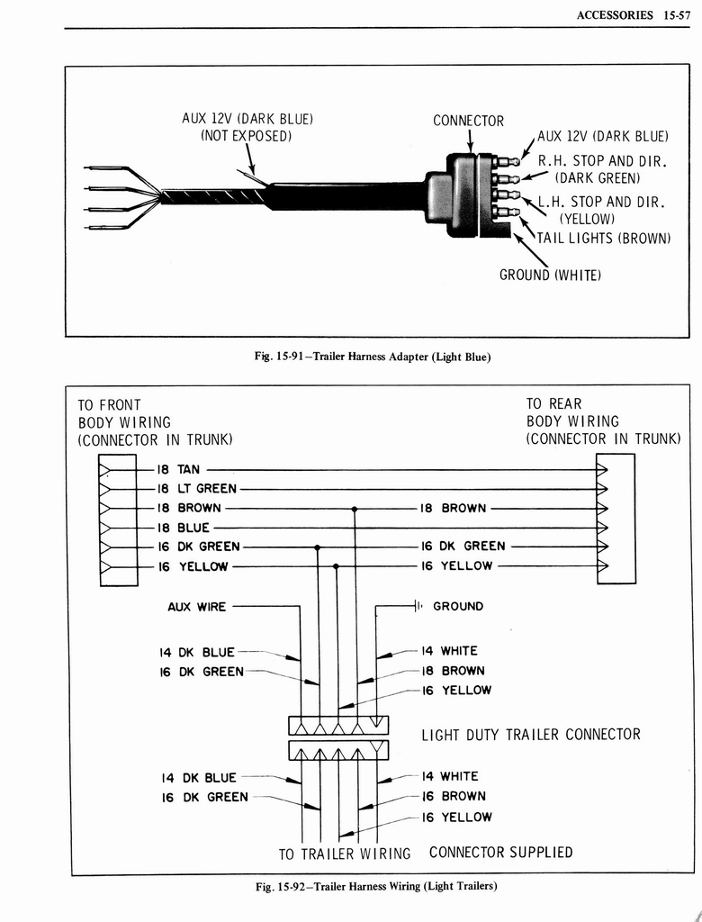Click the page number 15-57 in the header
672,14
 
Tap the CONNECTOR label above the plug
468,121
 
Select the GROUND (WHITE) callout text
550,275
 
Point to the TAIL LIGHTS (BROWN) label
604,238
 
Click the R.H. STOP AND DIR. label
601,161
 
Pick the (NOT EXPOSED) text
246,136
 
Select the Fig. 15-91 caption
373,357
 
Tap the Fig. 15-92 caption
376,886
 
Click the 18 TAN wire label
179,469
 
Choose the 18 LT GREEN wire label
197,489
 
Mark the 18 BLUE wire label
184,528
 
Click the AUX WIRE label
196,607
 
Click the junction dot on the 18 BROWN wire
355,509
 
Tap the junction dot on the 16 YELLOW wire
336,566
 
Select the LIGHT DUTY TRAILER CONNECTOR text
531,735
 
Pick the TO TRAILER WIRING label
345,854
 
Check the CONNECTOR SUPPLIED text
500,852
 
